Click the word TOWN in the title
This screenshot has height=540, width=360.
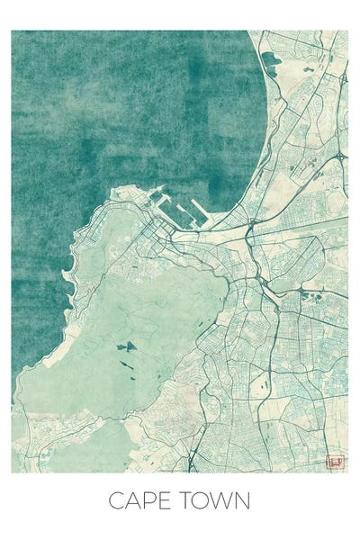(x=215, y=500)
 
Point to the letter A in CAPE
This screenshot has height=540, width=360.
(x=131, y=500)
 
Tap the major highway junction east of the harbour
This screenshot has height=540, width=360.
(x=249, y=236)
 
